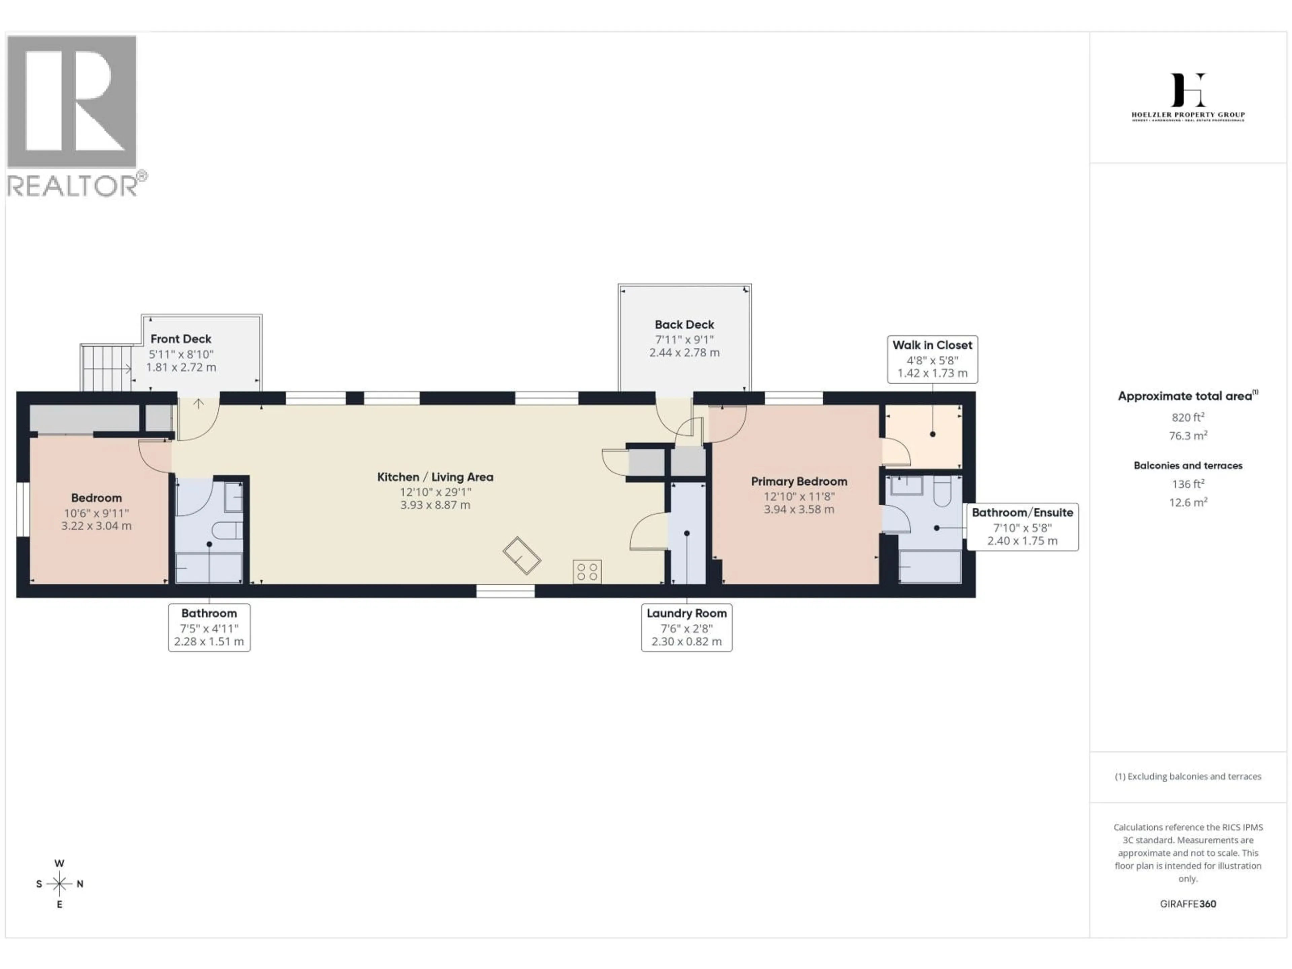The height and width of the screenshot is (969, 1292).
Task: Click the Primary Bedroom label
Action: pyautogui.click(x=798, y=481)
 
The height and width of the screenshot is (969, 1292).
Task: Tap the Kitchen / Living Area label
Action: pyautogui.click(x=435, y=477)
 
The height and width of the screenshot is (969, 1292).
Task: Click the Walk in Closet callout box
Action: pyautogui.click(x=932, y=359)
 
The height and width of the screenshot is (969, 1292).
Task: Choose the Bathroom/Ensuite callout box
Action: pyautogui.click(x=1022, y=526)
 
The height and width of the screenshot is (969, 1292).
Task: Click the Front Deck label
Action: pyautogui.click(x=180, y=339)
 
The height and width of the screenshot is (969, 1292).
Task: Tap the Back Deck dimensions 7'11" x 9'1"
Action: pyautogui.click(x=684, y=339)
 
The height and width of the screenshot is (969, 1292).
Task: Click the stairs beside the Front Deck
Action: pyautogui.click(x=105, y=368)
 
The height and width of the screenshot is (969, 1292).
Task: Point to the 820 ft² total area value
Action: pyautogui.click(x=1187, y=417)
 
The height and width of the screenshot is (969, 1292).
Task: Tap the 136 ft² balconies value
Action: pyautogui.click(x=1187, y=483)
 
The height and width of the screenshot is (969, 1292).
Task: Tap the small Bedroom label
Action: pyautogui.click(x=96, y=498)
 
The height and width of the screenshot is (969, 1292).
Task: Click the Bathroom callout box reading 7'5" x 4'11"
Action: pyautogui.click(x=209, y=627)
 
